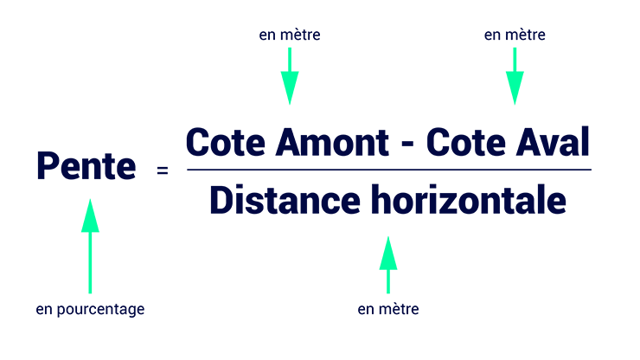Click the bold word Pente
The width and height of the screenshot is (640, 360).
(x=86, y=166)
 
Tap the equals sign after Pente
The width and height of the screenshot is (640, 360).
(x=163, y=170)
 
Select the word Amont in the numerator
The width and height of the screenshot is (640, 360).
(x=332, y=142)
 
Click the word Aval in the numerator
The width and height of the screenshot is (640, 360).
(x=553, y=142)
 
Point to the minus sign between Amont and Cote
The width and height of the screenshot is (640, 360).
(x=407, y=145)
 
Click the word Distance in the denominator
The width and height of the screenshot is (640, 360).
(x=285, y=200)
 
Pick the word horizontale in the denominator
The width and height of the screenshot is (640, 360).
(x=469, y=200)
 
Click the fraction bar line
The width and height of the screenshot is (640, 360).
(x=389, y=170)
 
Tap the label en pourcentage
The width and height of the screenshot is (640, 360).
(x=90, y=309)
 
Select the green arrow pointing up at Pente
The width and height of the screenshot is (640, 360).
(x=90, y=246)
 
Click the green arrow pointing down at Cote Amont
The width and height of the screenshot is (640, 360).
(x=290, y=76)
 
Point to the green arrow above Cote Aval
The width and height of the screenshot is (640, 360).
(x=515, y=76)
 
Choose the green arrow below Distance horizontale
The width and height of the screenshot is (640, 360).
(x=388, y=265)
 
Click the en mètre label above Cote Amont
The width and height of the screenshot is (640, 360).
(x=290, y=35)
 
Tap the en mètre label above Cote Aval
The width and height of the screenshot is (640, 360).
(x=515, y=35)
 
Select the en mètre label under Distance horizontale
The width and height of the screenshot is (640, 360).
(x=388, y=309)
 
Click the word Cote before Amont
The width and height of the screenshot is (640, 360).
(x=226, y=142)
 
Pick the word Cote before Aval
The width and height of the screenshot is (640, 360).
(x=466, y=142)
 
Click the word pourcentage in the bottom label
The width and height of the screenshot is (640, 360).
(x=100, y=309)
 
